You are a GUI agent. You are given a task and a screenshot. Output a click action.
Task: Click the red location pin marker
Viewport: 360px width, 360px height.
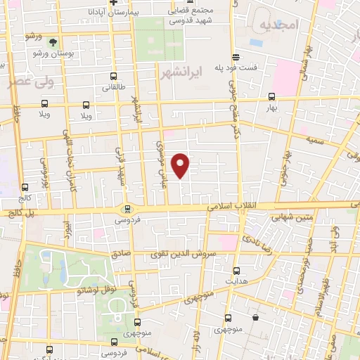[x=181, y=165]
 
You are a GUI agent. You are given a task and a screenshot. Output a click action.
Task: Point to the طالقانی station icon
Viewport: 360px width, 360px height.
[x=112, y=77]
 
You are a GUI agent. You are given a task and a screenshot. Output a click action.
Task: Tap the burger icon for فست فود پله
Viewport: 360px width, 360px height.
[x=236, y=57]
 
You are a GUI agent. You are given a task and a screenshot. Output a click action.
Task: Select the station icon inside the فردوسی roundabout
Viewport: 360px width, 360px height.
[x=127, y=208]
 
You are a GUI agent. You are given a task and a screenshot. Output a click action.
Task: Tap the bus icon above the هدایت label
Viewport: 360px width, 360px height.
[x=236, y=270]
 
